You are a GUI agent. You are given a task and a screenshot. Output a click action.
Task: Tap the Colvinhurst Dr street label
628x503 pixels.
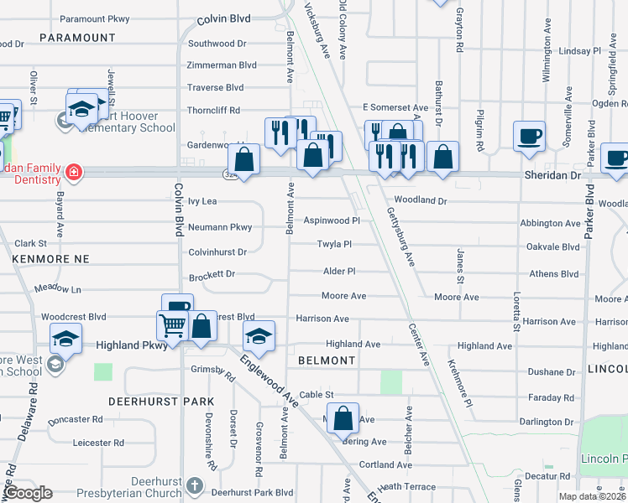point(217,251)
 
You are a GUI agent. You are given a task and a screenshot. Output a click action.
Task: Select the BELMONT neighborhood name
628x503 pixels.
point(327,360)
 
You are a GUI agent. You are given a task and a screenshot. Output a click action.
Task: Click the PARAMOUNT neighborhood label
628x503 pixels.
point(77,38)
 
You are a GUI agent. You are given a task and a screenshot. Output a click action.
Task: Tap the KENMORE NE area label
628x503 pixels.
point(50,260)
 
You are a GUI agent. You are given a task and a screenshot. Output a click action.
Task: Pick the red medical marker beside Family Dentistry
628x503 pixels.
point(74,172)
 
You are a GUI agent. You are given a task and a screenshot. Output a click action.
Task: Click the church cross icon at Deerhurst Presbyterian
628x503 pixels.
point(195,485)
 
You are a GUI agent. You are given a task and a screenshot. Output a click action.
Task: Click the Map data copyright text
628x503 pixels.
point(593,496)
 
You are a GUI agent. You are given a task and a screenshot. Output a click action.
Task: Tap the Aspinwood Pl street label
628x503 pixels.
point(331,220)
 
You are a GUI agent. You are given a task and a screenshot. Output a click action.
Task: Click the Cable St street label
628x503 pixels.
point(317,395)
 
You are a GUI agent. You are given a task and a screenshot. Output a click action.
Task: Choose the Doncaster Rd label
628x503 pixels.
point(76,419)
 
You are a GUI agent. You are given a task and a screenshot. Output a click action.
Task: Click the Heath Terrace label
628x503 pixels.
point(407,487)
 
